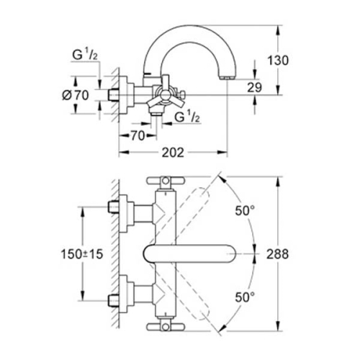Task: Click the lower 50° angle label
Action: [246, 297]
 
